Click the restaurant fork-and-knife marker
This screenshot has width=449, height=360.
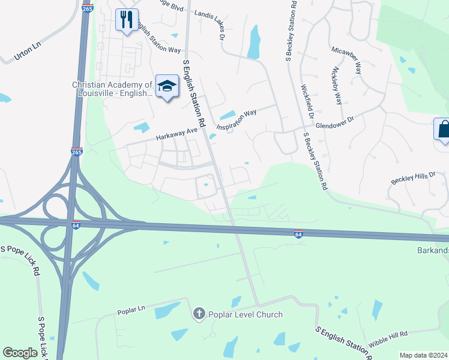pos(127,20)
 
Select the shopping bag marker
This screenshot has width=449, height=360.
pos(442,129)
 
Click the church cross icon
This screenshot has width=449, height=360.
pos(199,314)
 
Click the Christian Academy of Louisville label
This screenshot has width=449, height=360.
pos(112,90)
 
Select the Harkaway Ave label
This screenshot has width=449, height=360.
pos(176,133)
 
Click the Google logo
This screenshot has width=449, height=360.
pos(20,353)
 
